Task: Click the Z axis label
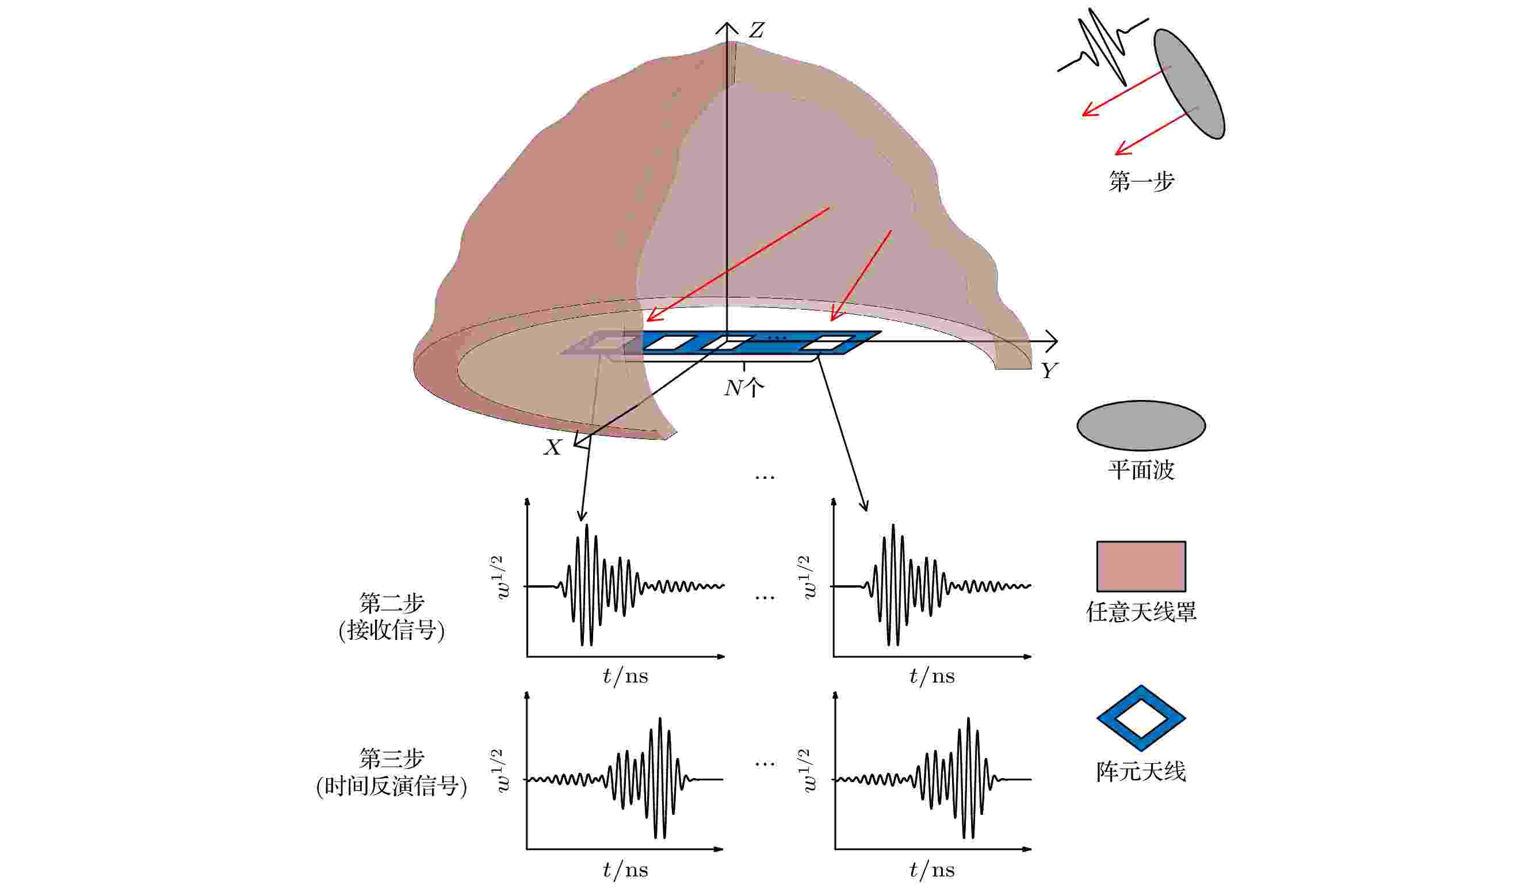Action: [x=756, y=30]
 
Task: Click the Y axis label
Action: [x=1049, y=370]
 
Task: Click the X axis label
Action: [x=552, y=448]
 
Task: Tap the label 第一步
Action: [x=1141, y=181]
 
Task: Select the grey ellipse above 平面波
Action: [x=1141, y=426]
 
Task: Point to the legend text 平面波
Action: [x=1141, y=470]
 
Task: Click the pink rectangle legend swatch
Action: [x=1141, y=566]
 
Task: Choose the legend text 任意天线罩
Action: [x=1141, y=612]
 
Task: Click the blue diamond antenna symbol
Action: [x=1141, y=718]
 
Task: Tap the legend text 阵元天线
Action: [x=1141, y=772]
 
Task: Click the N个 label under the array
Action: [x=744, y=387]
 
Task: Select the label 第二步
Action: [x=392, y=603]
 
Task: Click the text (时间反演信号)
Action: [x=392, y=786]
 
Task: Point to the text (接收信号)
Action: [x=392, y=631]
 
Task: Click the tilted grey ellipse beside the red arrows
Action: [x=1189, y=84]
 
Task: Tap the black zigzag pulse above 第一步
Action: [x=1102, y=48]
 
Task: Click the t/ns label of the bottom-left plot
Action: [x=625, y=870]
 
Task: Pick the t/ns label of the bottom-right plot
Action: [x=932, y=870]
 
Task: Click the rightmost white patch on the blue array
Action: [x=827, y=343]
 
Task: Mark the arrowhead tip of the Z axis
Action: [x=727, y=22]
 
